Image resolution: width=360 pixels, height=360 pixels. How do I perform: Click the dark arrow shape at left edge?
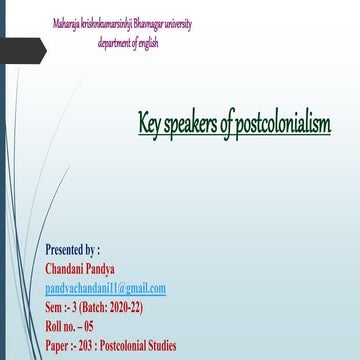(22, 50)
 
